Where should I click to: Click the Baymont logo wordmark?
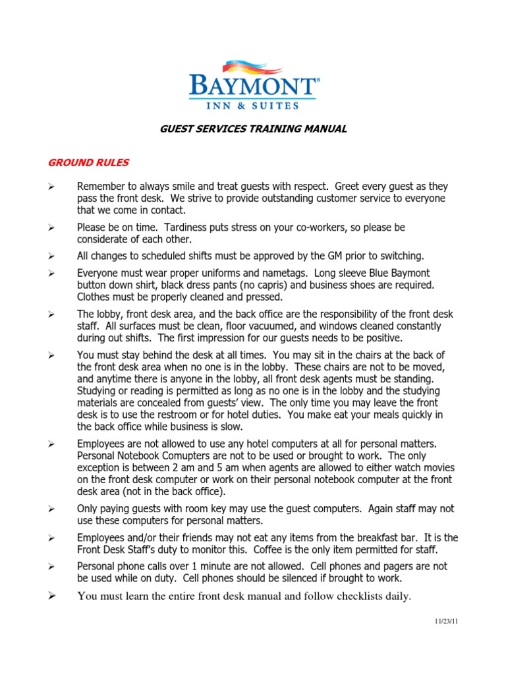pos(252,86)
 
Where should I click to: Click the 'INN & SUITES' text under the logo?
pos(253,104)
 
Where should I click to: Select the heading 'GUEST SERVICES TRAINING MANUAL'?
pos(254,129)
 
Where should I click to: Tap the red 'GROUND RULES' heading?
pos(87,162)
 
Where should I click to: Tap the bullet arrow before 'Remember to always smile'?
pos(51,186)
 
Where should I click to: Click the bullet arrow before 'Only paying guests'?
pos(51,510)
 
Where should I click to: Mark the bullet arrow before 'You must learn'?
pos(51,597)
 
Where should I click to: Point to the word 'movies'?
pos(437,468)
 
